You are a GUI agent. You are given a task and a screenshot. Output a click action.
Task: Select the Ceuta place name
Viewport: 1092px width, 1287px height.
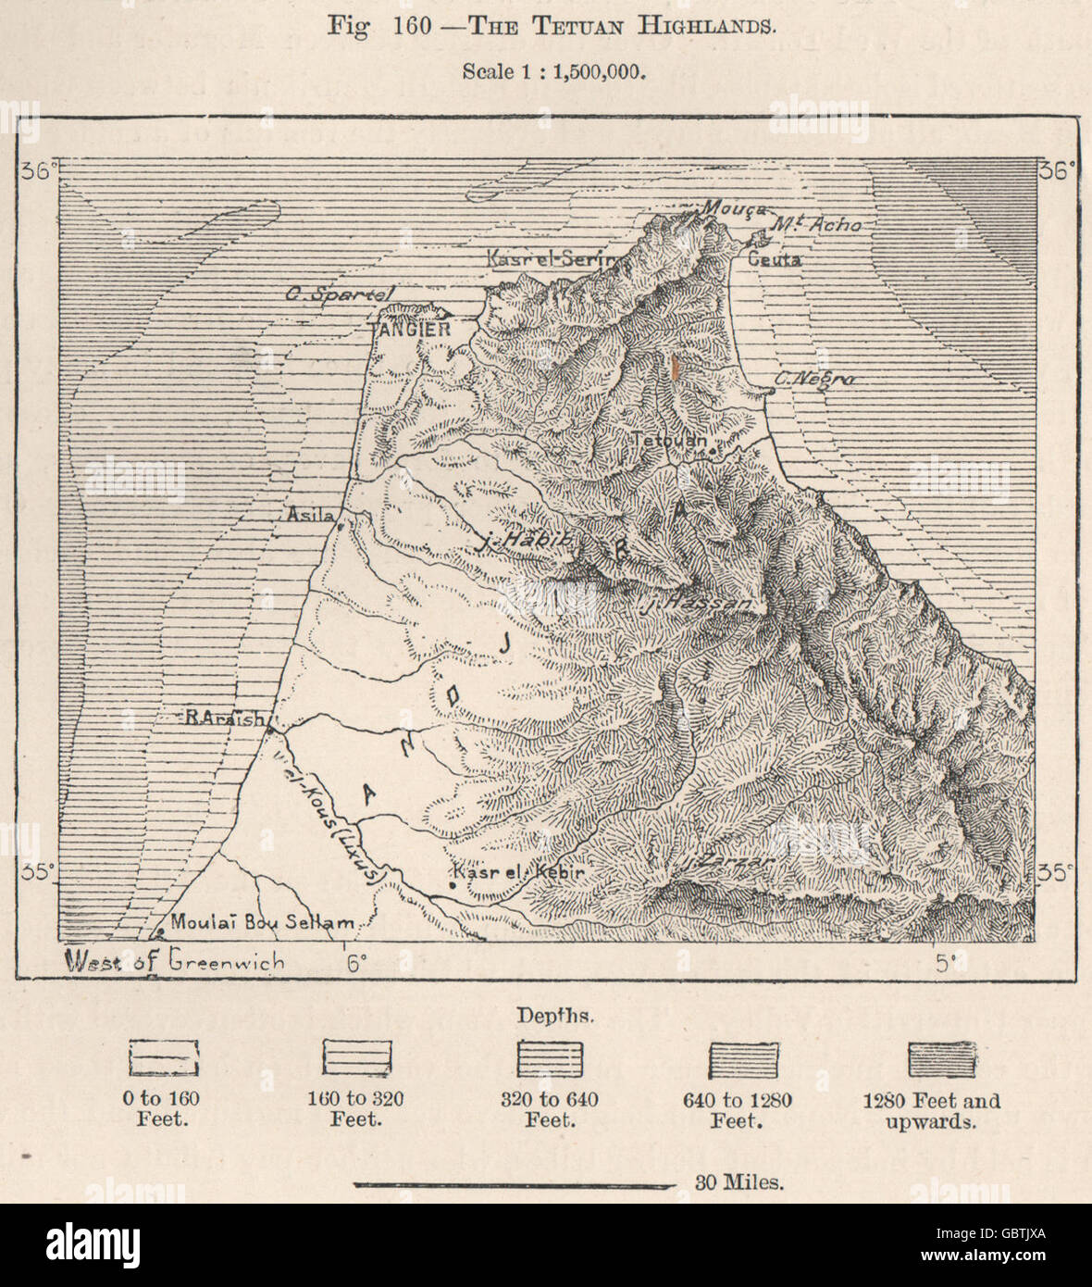pos(774,260)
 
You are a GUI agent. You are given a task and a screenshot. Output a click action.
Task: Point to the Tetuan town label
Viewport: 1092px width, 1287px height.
pos(667,442)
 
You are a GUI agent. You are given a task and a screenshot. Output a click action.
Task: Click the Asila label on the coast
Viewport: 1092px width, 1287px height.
pos(308,512)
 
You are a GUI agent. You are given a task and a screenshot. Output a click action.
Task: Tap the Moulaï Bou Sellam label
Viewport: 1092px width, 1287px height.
pos(262,922)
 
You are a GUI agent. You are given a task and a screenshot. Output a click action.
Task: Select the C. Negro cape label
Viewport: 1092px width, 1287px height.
pos(815,380)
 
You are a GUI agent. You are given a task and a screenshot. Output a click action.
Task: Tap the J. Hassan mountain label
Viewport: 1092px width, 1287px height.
pos(696,606)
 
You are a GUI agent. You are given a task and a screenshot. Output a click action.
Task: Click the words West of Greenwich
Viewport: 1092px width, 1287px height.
pos(173,960)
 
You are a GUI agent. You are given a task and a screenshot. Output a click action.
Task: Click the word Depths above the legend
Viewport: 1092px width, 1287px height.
pos(544,1015)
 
